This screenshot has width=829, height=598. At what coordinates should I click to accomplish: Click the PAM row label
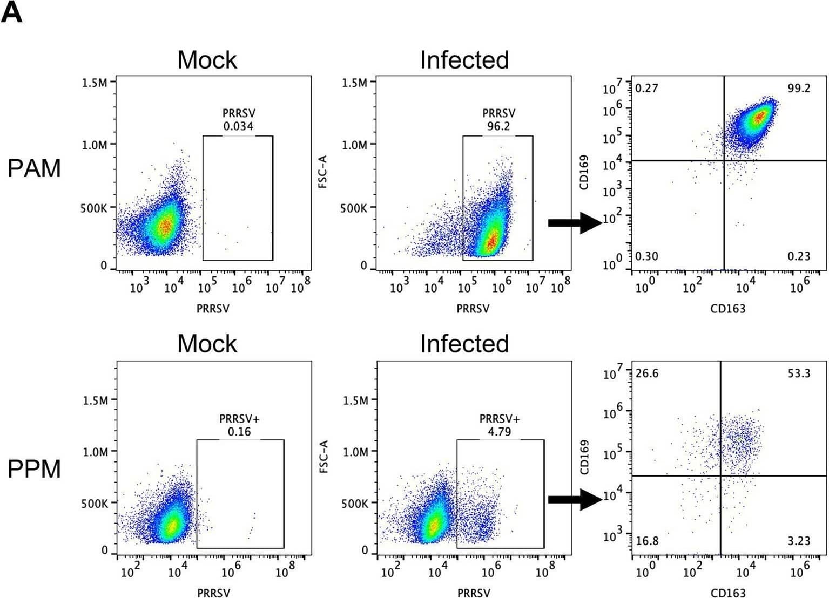click(34, 169)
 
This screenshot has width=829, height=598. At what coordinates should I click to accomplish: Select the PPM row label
click(34, 469)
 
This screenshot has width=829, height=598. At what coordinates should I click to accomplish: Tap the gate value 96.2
click(498, 126)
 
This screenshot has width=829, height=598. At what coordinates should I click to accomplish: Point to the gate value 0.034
click(238, 126)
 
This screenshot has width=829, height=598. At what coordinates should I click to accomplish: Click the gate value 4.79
click(500, 432)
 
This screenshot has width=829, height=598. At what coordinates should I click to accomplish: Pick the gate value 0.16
click(239, 432)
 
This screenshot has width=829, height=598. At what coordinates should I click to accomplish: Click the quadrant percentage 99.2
click(798, 89)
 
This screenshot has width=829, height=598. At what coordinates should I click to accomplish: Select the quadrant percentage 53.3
click(798, 373)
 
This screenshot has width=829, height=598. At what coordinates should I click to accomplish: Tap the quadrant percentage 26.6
click(646, 373)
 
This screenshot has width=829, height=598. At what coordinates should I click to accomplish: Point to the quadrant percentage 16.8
click(646, 541)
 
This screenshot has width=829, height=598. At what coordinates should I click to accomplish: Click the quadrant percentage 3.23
click(798, 541)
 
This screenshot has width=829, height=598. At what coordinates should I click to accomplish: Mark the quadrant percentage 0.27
click(646, 89)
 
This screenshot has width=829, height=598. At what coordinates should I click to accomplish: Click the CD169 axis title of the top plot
click(584, 173)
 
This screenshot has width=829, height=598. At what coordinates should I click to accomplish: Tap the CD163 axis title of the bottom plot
click(727, 593)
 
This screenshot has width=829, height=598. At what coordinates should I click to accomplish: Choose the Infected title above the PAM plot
click(464, 60)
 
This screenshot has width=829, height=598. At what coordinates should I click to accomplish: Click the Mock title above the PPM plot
click(207, 344)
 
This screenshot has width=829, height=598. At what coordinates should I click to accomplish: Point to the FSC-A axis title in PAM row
click(323, 172)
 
